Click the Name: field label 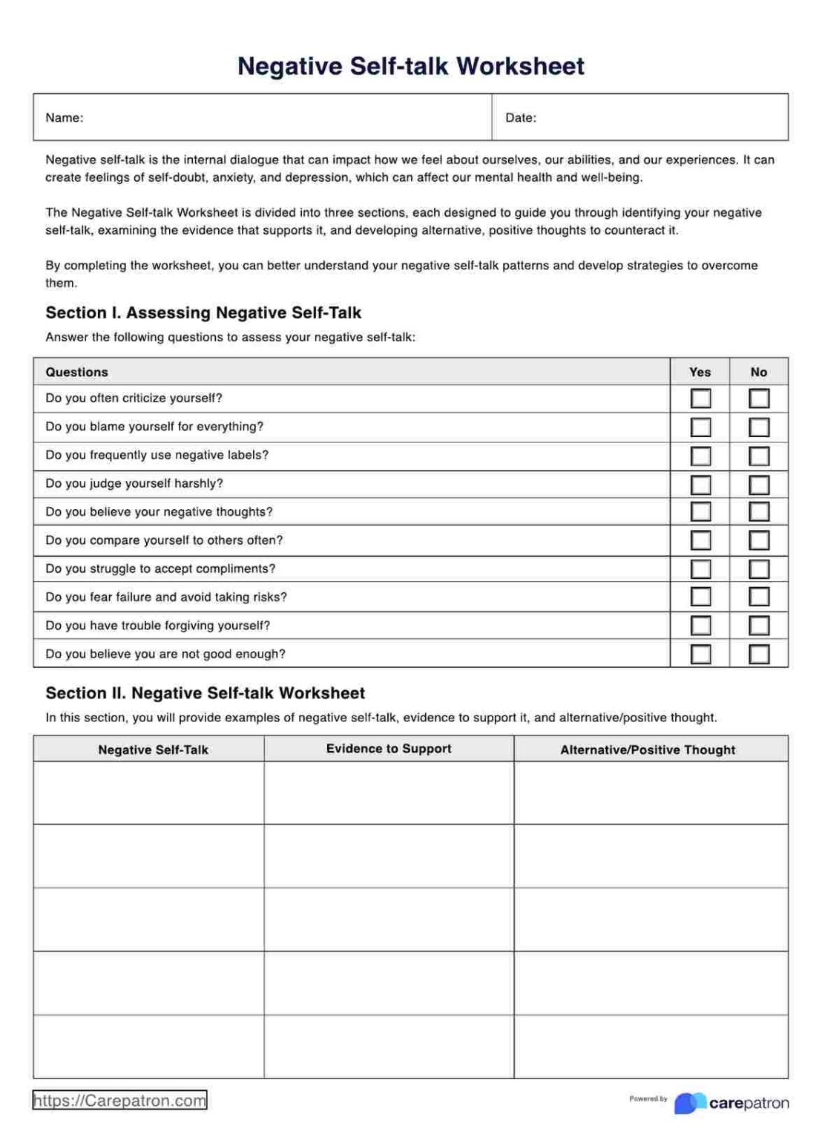click(65, 117)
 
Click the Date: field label click(520, 117)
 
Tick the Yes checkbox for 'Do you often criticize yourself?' click(700, 399)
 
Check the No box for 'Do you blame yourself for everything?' click(758, 427)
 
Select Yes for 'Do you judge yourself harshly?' click(700, 485)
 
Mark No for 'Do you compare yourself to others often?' click(758, 540)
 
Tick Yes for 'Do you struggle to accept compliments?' click(700, 569)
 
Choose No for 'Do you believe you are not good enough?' click(758, 654)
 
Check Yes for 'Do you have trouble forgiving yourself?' click(700, 626)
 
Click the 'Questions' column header click(76, 372)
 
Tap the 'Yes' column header click(699, 372)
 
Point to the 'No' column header click(758, 372)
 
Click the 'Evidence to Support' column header click(389, 748)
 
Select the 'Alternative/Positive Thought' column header click(647, 750)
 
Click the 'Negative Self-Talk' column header click(153, 750)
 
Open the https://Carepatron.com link click(119, 1100)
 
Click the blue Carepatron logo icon click(690, 1103)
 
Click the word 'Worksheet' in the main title click(520, 66)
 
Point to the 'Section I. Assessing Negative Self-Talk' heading click(203, 312)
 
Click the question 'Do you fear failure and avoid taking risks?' click(166, 597)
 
